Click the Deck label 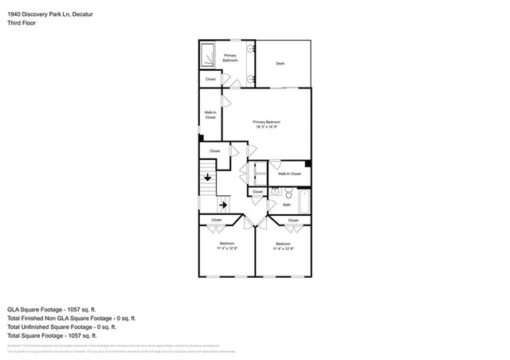[280, 64]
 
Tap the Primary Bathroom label [230, 57]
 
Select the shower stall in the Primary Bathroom [207, 55]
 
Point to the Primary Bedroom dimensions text [267, 127]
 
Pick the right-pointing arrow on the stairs [223, 205]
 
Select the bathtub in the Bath [301, 198]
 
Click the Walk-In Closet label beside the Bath [288, 173]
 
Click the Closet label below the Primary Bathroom [210, 79]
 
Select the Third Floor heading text [22, 22]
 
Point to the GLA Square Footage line [52, 308]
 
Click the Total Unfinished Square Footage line [61, 327]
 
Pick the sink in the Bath [274, 192]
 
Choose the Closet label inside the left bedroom [216, 220]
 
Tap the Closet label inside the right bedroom [293, 220]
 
